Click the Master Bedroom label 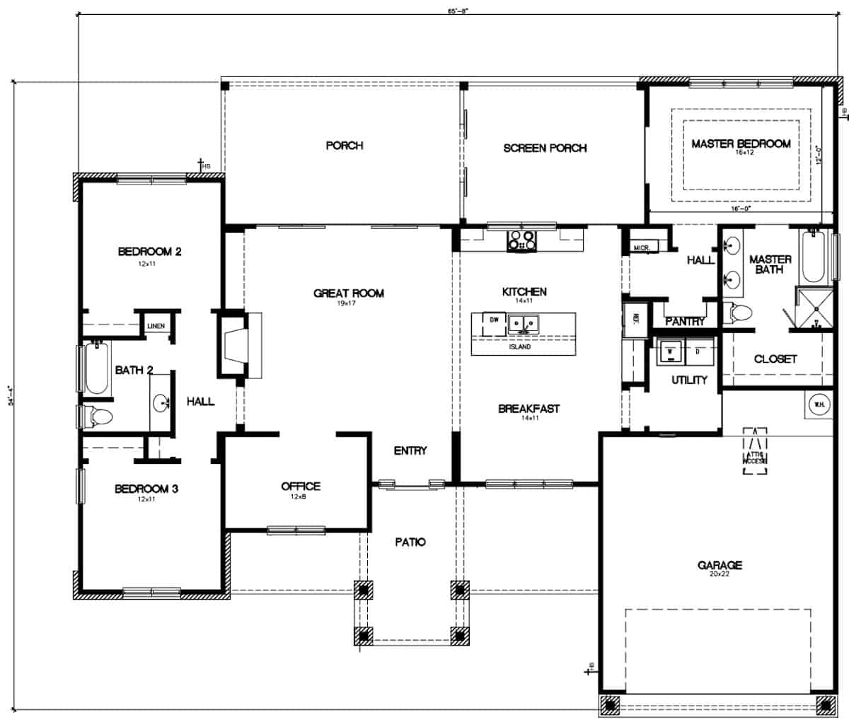(x=740, y=144)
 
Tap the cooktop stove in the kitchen (x=521, y=241)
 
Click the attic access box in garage (x=756, y=450)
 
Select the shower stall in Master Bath (x=815, y=308)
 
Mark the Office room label (x=301, y=487)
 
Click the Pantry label (x=685, y=321)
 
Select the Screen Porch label (x=545, y=148)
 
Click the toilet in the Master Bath (x=739, y=311)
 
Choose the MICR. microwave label (x=642, y=248)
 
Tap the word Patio (x=410, y=542)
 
